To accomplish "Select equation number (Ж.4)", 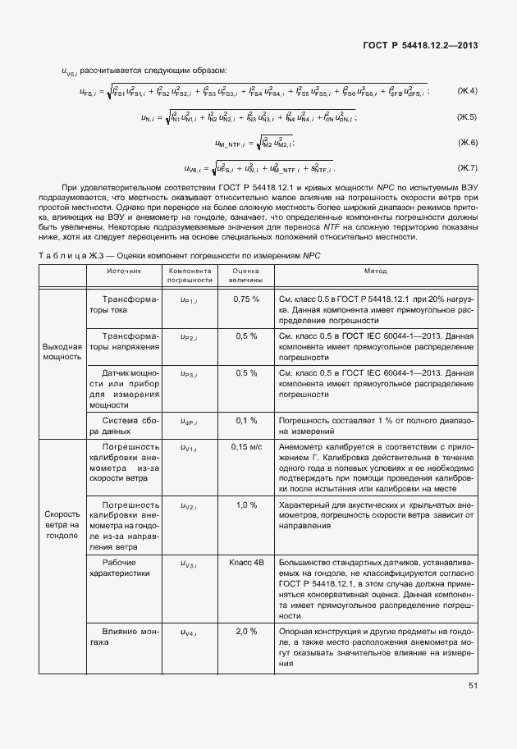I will (467, 90).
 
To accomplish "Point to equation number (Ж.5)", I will (467, 117).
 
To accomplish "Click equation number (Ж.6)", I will (467, 143).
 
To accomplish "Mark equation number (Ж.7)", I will (467, 168).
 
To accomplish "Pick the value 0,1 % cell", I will (246, 420).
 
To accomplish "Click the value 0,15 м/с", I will (246, 446).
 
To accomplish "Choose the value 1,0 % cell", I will (246, 505).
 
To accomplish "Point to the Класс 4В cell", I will (246, 563).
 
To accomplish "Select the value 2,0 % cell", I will (246, 631).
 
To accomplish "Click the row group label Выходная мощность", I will (62, 352).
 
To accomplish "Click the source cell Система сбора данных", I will (123, 425).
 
